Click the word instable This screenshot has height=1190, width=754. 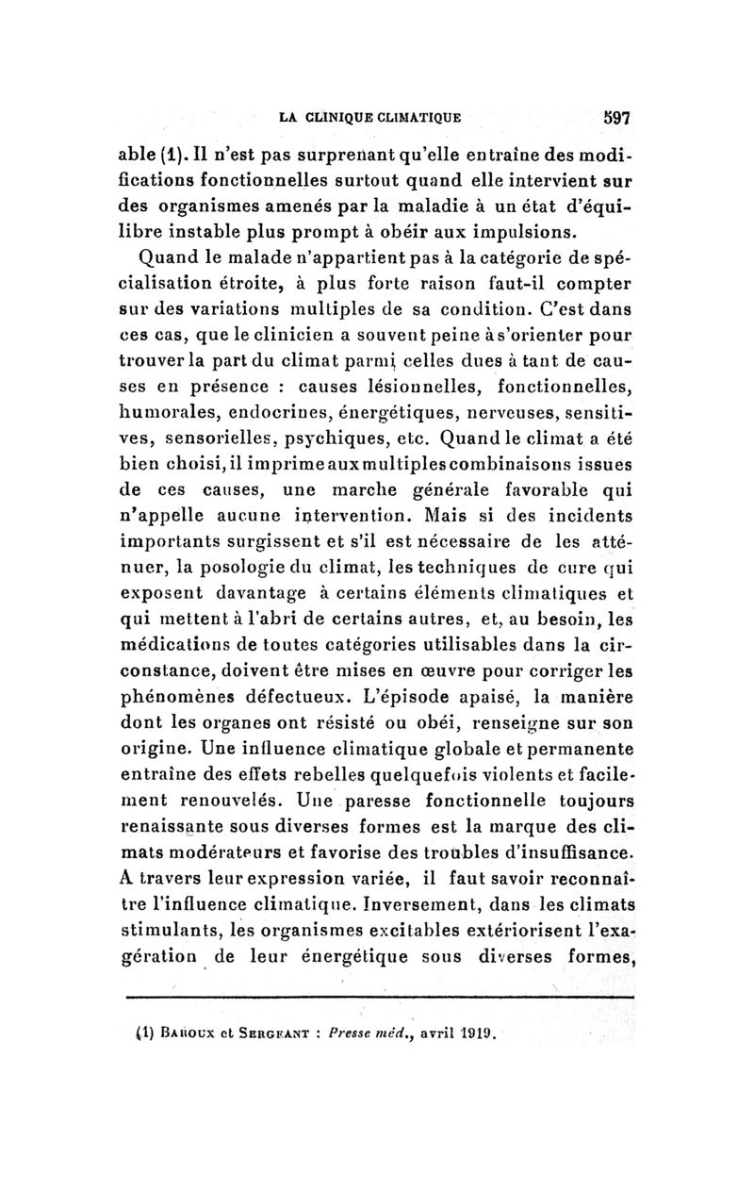point(250,231)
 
